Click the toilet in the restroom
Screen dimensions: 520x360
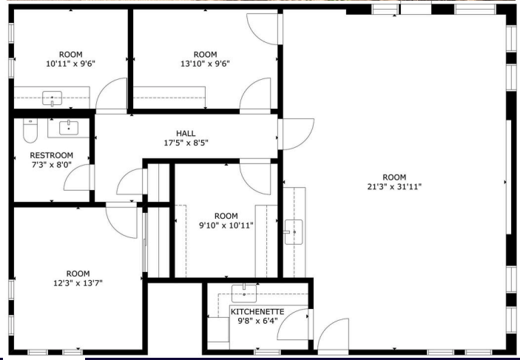pyautogui.click(x=30, y=130)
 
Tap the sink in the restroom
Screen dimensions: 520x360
pyautogui.click(x=69, y=128)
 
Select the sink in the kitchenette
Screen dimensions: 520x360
pyautogui.click(x=244, y=293)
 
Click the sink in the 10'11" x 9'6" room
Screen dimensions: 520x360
pyautogui.click(x=52, y=98)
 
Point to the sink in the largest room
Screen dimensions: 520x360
pyautogui.click(x=294, y=232)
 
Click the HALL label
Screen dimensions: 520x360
pyautogui.click(x=186, y=133)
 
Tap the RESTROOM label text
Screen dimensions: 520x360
pyautogui.click(x=51, y=155)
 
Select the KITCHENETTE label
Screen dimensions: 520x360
pyautogui.click(x=257, y=312)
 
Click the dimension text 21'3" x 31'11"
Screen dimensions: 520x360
pyautogui.click(x=394, y=186)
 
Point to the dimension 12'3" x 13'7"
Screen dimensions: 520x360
pyautogui.click(x=78, y=283)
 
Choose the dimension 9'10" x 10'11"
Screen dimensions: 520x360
pyautogui.click(x=226, y=225)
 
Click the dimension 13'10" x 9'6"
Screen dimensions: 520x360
pyautogui.click(x=205, y=64)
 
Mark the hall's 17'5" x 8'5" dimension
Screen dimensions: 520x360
pyautogui.click(x=186, y=143)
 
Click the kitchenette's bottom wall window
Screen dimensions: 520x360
pyautogui.click(x=267, y=352)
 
